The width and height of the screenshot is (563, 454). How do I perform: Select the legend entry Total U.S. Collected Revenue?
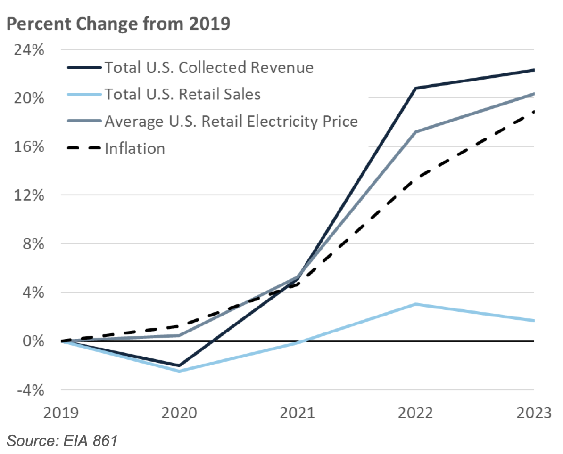tap(208, 67)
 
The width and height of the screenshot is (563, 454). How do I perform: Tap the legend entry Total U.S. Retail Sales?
tap(182, 94)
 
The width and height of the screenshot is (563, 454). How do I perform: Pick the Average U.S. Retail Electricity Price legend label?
tap(231, 122)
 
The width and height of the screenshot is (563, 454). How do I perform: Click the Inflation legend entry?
tap(135, 148)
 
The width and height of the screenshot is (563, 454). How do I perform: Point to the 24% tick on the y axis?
tap(30, 49)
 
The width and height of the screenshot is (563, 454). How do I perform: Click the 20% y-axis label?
tap(30, 98)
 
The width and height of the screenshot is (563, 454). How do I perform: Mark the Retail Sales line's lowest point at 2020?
tap(180, 371)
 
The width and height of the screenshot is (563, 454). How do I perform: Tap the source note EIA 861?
tap(62, 441)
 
